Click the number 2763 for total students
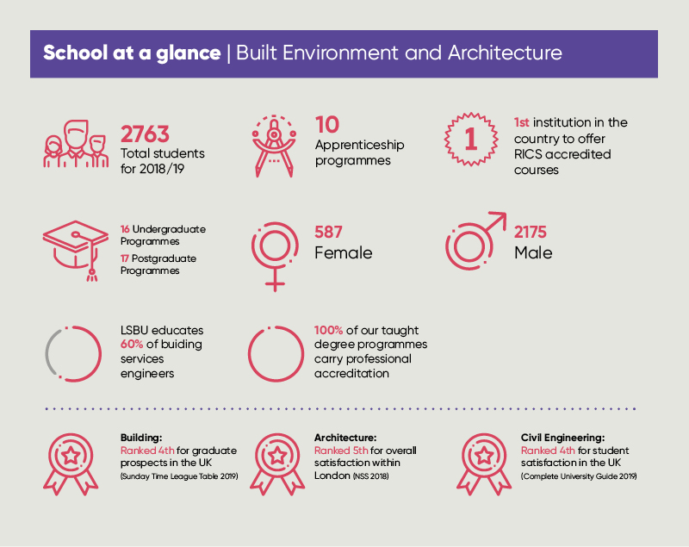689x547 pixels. click(145, 134)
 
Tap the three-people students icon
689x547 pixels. click(76, 144)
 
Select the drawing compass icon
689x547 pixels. click(274, 146)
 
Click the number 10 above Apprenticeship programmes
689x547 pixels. click(327, 125)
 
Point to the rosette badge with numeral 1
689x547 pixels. click(470, 140)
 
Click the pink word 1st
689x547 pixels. click(522, 122)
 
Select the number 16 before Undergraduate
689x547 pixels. click(125, 229)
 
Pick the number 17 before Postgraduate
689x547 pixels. click(125, 258)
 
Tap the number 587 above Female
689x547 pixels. click(328, 232)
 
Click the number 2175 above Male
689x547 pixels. click(531, 232)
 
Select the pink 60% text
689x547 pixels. click(132, 344)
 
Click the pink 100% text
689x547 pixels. click(328, 330)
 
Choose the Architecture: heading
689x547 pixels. click(345, 438)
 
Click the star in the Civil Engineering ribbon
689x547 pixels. click(484, 455)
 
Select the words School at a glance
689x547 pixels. click(132, 53)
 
